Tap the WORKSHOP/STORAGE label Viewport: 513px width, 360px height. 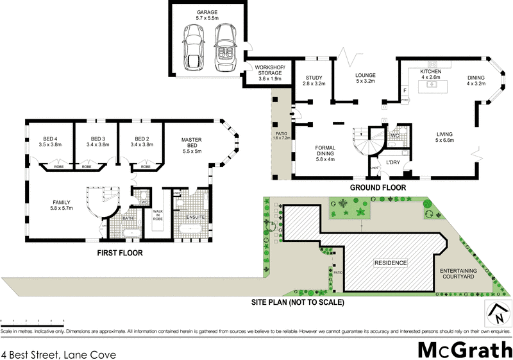(x=270, y=70)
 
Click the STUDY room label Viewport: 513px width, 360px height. (x=314, y=78)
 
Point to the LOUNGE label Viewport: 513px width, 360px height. (x=366, y=76)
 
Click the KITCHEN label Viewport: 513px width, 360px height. (x=430, y=71)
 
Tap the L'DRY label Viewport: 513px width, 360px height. (x=392, y=163)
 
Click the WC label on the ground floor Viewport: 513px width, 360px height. (x=396, y=135)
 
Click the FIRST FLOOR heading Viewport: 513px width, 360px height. (x=120, y=253)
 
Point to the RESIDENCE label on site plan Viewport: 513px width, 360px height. (x=390, y=263)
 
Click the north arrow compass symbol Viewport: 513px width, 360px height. (x=496, y=314)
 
